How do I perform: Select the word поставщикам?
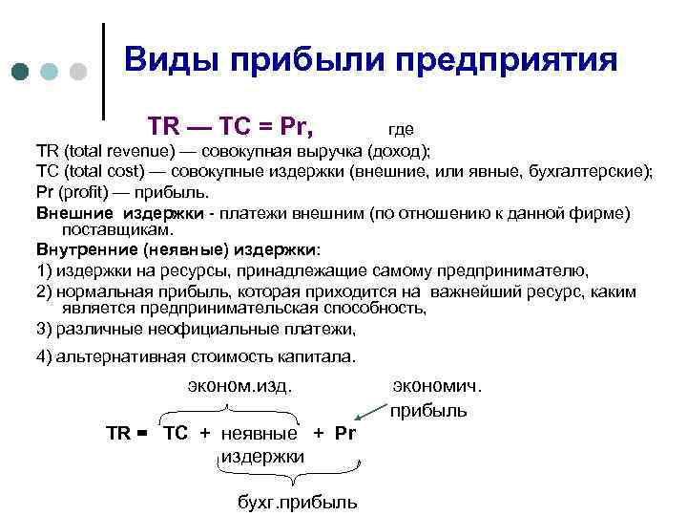tap(115, 230)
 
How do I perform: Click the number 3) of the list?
tap(44, 329)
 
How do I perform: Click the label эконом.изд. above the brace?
tap(239, 385)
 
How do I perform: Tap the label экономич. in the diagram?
tap(438, 385)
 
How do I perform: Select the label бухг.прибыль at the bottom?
tap(297, 502)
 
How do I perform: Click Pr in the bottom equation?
tap(344, 433)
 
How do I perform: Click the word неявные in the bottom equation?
tap(259, 433)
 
